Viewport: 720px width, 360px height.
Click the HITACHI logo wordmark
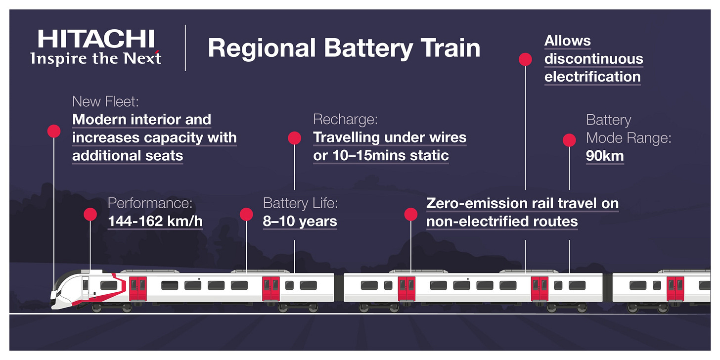click(x=96, y=39)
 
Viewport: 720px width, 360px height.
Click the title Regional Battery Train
click(x=344, y=48)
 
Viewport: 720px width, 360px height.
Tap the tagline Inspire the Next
click(x=96, y=58)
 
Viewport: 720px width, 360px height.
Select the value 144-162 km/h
click(x=155, y=221)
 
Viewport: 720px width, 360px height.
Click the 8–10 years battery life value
click(x=300, y=221)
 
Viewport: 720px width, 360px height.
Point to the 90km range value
click(x=605, y=156)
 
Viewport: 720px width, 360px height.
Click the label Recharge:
click(x=345, y=120)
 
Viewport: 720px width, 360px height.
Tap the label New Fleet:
click(x=105, y=102)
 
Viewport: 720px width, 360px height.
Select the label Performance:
click(x=150, y=203)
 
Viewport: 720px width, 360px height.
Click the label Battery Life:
click(x=300, y=203)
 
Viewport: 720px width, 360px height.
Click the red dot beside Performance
click(x=90, y=214)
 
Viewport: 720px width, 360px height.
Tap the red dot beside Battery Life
click(x=246, y=214)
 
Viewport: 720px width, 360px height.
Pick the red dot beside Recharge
click(x=295, y=138)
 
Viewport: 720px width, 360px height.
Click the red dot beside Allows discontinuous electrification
click(x=525, y=59)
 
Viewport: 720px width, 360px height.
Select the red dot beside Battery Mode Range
click(x=570, y=140)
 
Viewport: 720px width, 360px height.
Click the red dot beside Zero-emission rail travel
click(x=411, y=214)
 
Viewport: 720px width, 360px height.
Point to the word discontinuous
click(x=594, y=59)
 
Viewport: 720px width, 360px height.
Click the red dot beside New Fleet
click(x=54, y=131)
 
